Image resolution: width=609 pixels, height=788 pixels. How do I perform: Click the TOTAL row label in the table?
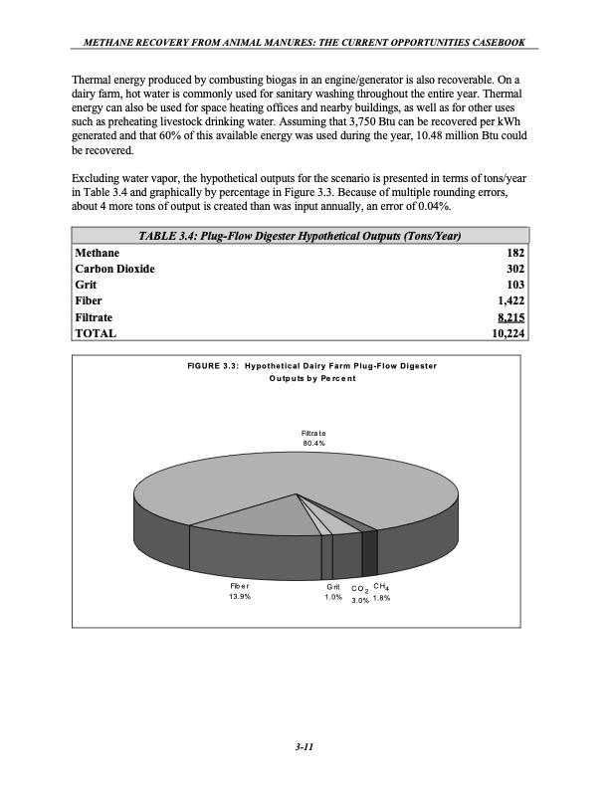(x=97, y=333)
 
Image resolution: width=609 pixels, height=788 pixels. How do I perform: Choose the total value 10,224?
(x=507, y=333)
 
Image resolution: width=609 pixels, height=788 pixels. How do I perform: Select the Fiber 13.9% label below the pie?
(x=239, y=593)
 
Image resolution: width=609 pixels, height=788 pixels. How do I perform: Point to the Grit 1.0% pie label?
(x=333, y=593)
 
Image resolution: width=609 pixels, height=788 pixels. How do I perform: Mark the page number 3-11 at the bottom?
(x=304, y=748)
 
